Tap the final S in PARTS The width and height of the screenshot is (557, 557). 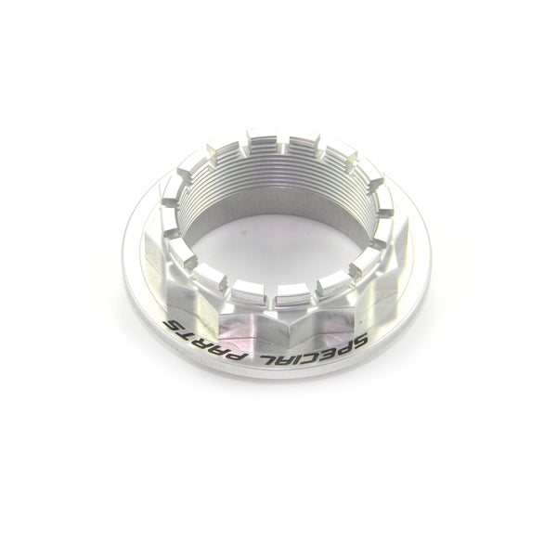click(174, 326)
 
